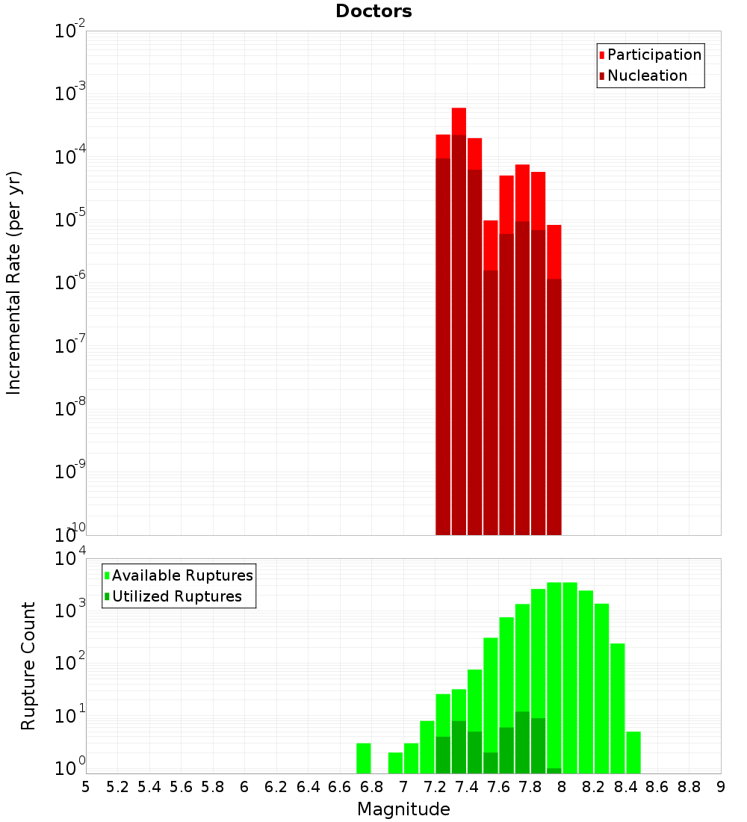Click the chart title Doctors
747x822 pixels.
(x=373, y=11)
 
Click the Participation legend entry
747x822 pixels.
(x=654, y=55)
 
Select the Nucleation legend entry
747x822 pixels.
(x=647, y=76)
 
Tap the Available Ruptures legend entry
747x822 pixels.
(x=182, y=576)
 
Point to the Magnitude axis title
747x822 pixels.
(x=403, y=809)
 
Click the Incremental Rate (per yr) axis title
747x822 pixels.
(x=14, y=282)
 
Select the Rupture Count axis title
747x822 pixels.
(x=28, y=666)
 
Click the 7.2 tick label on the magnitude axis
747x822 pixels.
(x=435, y=787)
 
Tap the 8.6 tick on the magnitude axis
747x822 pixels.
(x=657, y=787)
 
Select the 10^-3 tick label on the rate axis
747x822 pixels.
(x=66, y=94)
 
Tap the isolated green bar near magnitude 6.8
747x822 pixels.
(x=364, y=758)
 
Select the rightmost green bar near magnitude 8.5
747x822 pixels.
(x=633, y=753)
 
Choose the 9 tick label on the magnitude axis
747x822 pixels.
(x=721, y=787)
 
